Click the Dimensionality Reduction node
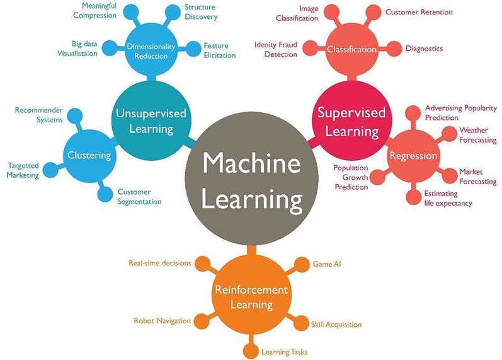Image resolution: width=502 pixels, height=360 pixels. click(147, 50)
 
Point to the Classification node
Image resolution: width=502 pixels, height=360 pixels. click(351, 49)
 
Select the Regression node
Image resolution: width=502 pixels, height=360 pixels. click(413, 156)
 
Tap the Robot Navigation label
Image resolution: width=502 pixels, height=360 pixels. click(162, 321)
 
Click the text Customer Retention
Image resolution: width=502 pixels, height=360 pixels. click(419, 12)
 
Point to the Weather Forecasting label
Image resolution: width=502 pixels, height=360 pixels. click(478, 136)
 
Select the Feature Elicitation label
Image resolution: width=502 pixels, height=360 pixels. click(219, 50)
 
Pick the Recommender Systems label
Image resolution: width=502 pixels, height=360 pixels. click(38, 115)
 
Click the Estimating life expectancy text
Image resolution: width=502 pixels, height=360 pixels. click(448, 198)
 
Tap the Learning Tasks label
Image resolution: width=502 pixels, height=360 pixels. click(285, 351)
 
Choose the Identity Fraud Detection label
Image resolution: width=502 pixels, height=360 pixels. click(276, 49)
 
